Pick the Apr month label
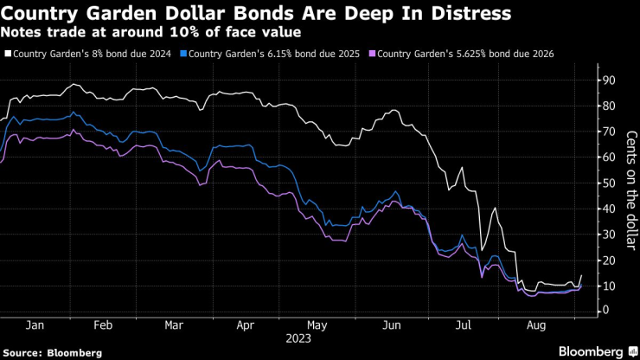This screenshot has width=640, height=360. click(x=245, y=325)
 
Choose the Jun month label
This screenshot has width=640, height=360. click(x=391, y=325)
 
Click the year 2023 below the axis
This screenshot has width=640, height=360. click(x=299, y=338)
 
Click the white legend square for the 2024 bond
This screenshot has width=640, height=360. click(x=9, y=54)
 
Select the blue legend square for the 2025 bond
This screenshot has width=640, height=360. click(x=184, y=54)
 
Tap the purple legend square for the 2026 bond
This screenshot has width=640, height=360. click(x=373, y=54)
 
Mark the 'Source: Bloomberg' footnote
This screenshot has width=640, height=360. click(x=53, y=352)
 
